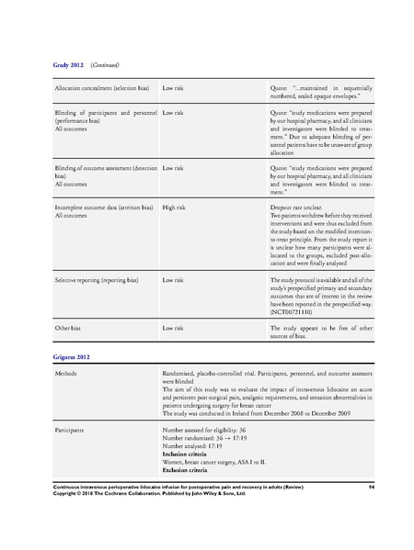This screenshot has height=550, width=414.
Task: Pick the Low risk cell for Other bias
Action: (x=176, y=327)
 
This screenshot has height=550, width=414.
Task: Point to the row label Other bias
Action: (x=71, y=327)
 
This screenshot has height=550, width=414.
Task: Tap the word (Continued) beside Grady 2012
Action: (x=102, y=67)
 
